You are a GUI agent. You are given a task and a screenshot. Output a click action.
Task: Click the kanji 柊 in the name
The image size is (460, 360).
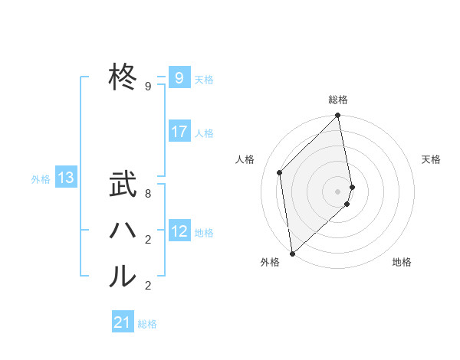(x=123, y=77)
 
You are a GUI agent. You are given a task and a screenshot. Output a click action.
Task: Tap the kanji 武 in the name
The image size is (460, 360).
(x=123, y=186)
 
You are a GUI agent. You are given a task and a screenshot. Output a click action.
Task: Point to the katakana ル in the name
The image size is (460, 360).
(x=123, y=277)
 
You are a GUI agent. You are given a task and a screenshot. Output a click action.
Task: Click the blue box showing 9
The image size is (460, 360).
(x=179, y=77)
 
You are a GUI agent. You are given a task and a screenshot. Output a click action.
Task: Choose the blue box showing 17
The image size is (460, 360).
(x=179, y=132)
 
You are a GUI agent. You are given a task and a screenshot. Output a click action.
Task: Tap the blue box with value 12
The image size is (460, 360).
(x=179, y=231)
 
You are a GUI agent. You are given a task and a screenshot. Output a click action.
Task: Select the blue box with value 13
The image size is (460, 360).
(x=66, y=178)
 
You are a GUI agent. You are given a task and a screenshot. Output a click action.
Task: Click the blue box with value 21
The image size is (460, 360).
(x=123, y=322)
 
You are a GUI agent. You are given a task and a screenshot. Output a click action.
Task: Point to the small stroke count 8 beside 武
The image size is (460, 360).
(x=148, y=195)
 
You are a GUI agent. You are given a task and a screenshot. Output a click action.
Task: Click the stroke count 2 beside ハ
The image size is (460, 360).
(x=148, y=241)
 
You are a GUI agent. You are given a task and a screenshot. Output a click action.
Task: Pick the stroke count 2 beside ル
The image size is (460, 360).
(x=148, y=286)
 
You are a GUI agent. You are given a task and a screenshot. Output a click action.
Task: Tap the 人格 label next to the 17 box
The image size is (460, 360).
(x=204, y=133)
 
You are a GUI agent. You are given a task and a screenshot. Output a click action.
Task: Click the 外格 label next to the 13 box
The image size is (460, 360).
(x=41, y=179)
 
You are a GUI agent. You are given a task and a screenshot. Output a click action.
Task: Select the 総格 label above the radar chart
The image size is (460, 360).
(x=338, y=100)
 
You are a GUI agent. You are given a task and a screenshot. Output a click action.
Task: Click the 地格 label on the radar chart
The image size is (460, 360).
(x=402, y=262)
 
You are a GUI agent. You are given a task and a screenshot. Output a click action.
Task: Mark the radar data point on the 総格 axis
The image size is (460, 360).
(x=338, y=116)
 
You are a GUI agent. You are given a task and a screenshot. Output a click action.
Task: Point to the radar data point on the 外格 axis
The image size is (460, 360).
(x=292, y=254)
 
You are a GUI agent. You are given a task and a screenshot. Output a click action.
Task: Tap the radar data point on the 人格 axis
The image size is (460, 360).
(x=280, y=172)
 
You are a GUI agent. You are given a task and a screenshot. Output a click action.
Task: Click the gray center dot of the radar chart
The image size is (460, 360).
(x=338, y=191)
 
